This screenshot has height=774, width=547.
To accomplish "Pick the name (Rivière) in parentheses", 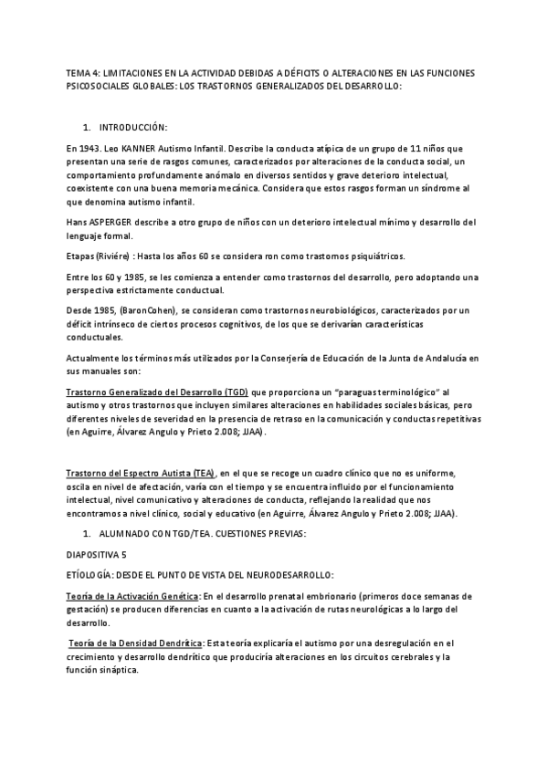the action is tap(121, 256).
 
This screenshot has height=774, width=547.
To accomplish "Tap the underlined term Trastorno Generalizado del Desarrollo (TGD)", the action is tap(157, 392).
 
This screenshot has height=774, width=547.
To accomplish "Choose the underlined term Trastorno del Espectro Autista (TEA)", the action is tap(142, 475).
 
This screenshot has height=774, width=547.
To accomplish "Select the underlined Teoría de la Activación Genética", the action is tap(133, 596).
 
